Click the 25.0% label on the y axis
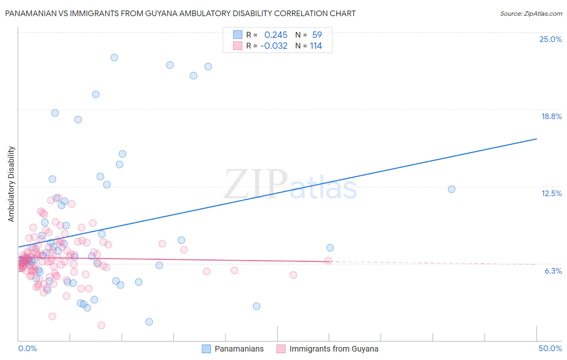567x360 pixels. click(550, 39)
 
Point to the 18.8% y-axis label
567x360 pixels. click(551, 116)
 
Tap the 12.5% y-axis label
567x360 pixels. click(551, 193)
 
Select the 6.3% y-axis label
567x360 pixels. click(553, 271)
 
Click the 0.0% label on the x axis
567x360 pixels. click(27, 348)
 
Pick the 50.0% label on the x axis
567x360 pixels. click(550, 348)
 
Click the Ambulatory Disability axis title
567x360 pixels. click(11, 184)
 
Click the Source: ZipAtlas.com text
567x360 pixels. click(531, 13)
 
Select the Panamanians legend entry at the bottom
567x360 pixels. click(239, 349)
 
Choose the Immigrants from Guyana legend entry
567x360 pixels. click(334, 349)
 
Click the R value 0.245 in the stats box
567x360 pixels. click(276, 35)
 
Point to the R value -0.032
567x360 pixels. click(274, 46)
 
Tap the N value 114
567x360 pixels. click(316, 46)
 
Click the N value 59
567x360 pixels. click(317, 35)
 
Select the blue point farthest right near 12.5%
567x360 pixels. click(452, 189)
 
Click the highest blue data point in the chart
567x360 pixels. click(115, 58)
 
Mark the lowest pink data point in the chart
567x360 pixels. click(101, 325)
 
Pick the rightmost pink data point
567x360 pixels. click(328, 261)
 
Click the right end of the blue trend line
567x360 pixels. click(536, 139)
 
